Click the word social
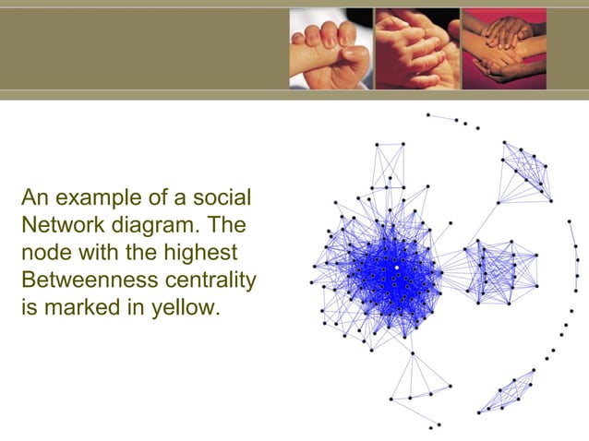point(222,198)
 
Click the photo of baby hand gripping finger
point(330,49)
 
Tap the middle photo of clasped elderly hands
point(415,49)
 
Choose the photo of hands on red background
point(503,49)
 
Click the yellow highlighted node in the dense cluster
point(397,268)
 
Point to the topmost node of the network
point(427,114)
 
